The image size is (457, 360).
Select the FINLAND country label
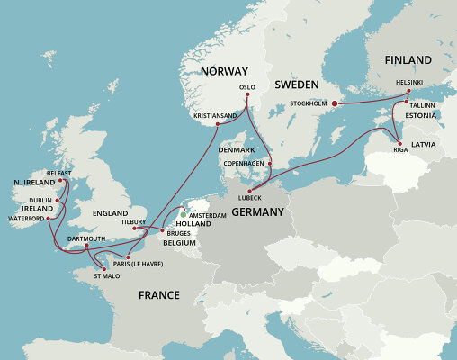408,59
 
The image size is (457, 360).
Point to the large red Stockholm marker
336,104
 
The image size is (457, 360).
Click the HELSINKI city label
410,81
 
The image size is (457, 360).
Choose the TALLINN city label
422,105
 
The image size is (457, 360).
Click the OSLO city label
247,87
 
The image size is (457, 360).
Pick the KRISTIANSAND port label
216,116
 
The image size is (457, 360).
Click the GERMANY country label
257,212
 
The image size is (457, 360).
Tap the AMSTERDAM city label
208,216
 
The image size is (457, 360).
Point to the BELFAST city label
58,172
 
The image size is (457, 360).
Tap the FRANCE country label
158,295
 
